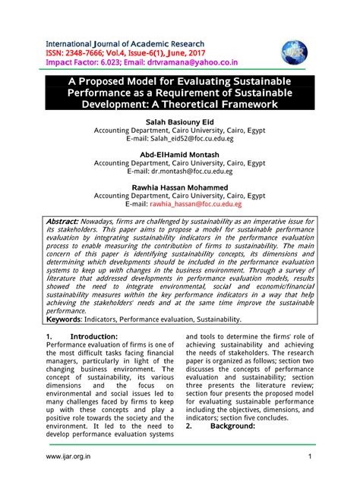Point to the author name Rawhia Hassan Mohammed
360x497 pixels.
179,187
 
